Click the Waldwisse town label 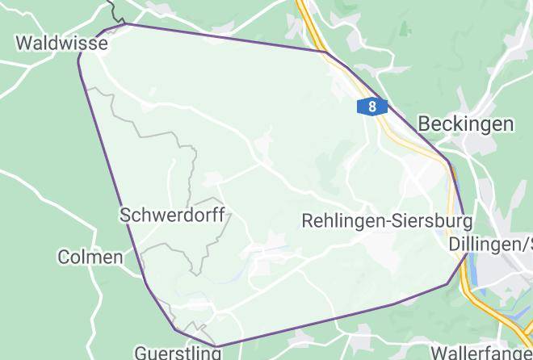61,43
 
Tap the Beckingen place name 466,123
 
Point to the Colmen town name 90,257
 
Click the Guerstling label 177,353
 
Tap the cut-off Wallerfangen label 481,353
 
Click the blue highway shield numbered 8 371,107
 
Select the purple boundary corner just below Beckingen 448,161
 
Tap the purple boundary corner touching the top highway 325,52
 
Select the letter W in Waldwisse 25,43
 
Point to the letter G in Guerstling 141,353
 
